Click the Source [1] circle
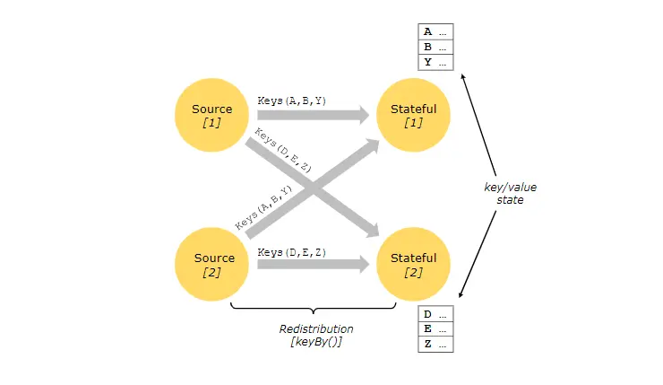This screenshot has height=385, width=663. pos(212,116)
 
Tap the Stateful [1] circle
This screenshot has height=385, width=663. pos(414,116)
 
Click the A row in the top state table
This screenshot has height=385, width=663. pos(435,31)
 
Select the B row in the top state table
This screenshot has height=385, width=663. pos(435,47)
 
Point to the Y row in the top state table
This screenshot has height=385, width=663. pos(435,62)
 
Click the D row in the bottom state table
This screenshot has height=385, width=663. pos(435,314)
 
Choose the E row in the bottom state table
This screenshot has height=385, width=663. pos(435,329)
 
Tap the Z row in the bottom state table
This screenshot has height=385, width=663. pos(435,345)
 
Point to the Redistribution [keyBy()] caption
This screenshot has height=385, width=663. pos(316,335)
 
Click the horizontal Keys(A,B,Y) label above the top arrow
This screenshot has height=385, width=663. pos(291,101)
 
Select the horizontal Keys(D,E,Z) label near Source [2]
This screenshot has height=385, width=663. pos(291,252)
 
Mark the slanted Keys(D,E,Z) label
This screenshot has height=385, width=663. pos(282,151)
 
